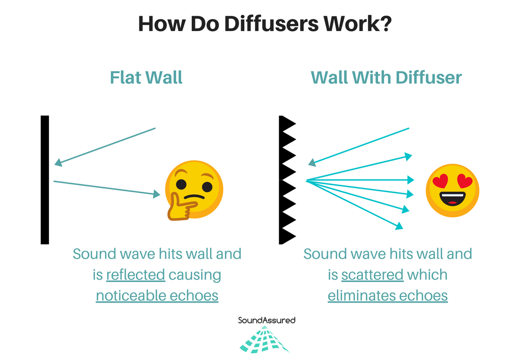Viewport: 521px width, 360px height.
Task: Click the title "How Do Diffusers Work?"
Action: (x=265, y=24)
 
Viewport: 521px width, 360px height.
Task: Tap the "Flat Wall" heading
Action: (x=146, y=78)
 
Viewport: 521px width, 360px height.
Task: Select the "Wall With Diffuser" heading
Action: (x=386, y=78)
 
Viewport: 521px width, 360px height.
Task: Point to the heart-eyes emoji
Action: (x=452, y=190)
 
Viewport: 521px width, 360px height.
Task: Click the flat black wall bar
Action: (x=45, y=179)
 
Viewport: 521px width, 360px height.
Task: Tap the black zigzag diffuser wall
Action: (x=286, y=179)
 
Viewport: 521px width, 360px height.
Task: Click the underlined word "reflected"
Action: (x=135, y=275)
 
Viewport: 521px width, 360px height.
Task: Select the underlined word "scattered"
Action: (x=372, y=275)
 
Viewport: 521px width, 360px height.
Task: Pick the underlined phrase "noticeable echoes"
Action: (x=157, y=295)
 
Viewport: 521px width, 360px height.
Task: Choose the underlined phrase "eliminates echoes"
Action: (x=388, y=295)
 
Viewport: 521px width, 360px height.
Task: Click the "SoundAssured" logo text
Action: (x=267, y=320)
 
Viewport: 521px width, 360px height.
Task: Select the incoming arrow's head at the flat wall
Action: (x=58, y=163)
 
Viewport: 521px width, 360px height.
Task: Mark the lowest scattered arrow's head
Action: (x=399, y=225)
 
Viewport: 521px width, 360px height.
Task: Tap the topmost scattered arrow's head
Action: (x=408, y=156)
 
